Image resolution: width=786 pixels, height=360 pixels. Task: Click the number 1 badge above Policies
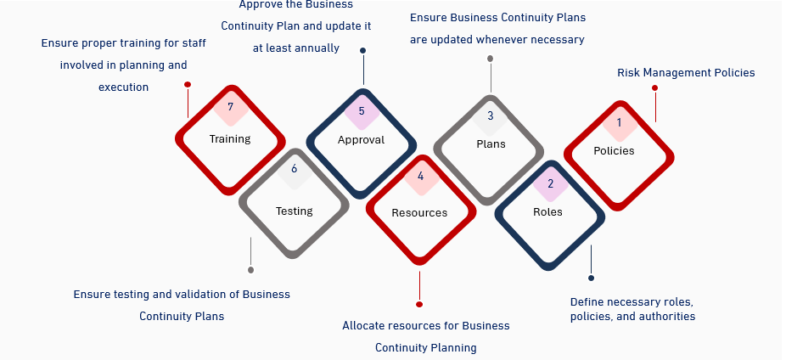pos(619,123)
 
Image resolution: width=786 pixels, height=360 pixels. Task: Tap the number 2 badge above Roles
pos(550,183)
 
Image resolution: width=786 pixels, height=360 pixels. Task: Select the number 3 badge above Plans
pos(490,116)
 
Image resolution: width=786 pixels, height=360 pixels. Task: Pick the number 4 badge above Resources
pos(420,177)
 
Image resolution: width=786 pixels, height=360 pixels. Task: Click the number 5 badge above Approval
pos(362,110)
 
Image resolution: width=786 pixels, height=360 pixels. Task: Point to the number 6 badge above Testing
pos(294,169)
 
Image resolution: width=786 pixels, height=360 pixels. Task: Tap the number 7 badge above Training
pos(229,107)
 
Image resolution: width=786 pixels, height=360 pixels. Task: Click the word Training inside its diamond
pos(230,139)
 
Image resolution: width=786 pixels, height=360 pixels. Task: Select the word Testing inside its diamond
pos(295,211)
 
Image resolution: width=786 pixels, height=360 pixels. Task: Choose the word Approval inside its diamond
pos(361,140)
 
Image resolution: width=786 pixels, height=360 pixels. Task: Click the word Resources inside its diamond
pos(419,212)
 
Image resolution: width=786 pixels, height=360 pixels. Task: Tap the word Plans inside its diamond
pos(491,144)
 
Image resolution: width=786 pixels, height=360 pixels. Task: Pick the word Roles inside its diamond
pos(547,212)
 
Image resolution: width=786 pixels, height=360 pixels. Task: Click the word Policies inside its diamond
pos(614,151)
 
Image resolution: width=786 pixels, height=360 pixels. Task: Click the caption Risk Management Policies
pos(686,73)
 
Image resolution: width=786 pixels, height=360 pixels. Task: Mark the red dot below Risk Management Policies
pos(654,87)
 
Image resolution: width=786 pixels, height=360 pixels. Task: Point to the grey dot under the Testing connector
pos(250,270)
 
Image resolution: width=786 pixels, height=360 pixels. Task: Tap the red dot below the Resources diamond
pos(419,304)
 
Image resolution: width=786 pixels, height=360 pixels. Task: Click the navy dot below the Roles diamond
pos(591,278)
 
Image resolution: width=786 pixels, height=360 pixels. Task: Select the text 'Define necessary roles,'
pos(632,302)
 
